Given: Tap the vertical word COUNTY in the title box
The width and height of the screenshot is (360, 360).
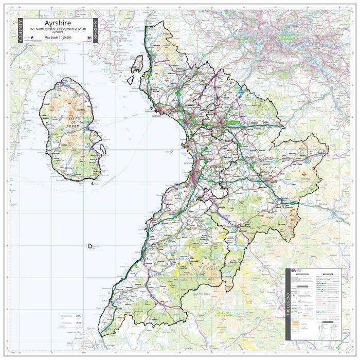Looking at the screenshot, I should [20, 30].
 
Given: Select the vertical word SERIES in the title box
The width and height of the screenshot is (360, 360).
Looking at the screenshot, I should [95, 30].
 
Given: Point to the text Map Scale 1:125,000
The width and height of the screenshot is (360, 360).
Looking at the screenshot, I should [58, 38].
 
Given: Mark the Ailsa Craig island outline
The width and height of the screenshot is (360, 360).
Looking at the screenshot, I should [90, 247].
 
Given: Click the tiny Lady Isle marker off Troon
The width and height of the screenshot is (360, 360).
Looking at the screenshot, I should [171, 151].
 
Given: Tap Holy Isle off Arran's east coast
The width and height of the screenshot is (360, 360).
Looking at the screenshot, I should [102, 149].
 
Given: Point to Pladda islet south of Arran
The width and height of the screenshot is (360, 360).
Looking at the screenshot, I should [92, 184].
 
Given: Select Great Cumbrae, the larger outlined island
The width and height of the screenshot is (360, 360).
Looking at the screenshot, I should [137, 64].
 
